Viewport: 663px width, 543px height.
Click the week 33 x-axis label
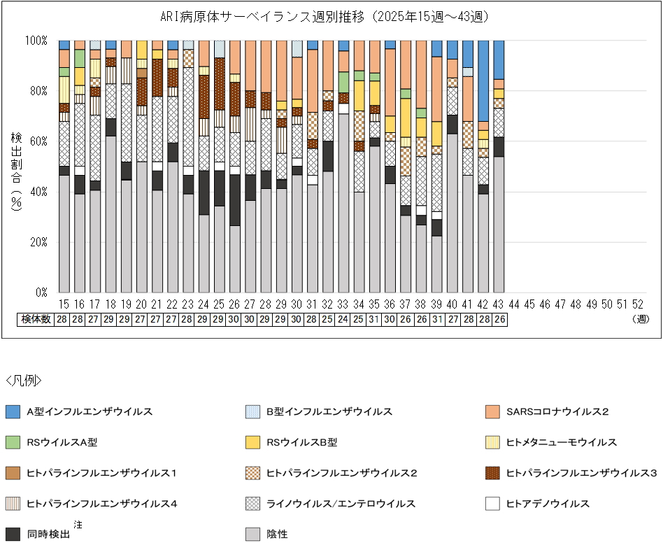(x=343, y=304)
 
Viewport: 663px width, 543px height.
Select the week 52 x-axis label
(x=637, y=304)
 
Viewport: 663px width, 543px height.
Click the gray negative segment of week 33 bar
(x=343, y=203)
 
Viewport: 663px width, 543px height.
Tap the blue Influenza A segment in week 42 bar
(x=483, y=80)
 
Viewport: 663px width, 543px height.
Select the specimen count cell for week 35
(x=374, y=319)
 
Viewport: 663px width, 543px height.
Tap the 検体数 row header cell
(x=36, y=319)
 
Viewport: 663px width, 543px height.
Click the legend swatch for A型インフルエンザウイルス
(x=13, y=411)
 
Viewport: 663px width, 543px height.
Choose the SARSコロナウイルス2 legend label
(x=557, y=411)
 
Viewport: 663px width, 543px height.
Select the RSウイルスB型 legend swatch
(x=253, y=442)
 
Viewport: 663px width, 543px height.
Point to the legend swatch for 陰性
(x=253, y=534)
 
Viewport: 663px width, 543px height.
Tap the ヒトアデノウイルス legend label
(x=548, y=503)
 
